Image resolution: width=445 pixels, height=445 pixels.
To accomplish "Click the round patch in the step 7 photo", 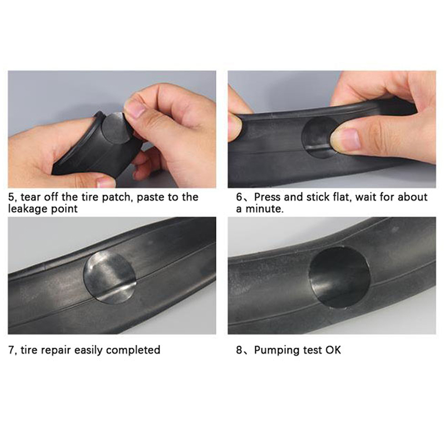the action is pos(110,277).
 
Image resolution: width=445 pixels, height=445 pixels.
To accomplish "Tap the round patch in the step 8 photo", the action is pos(339,277).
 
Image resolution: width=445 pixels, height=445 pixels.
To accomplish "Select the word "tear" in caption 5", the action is pos(31,197).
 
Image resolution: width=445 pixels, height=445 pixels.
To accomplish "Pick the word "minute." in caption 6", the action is pos(265,209).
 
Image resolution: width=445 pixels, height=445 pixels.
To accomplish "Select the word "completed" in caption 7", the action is pos(133,350).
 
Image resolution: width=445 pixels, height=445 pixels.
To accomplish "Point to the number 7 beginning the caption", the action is pos(11,350).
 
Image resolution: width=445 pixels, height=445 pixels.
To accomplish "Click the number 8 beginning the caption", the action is pos(240,350).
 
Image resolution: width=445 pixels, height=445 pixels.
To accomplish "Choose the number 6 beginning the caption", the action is pos(240,197).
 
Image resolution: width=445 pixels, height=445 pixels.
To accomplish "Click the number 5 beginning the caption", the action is pos(11,197).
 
